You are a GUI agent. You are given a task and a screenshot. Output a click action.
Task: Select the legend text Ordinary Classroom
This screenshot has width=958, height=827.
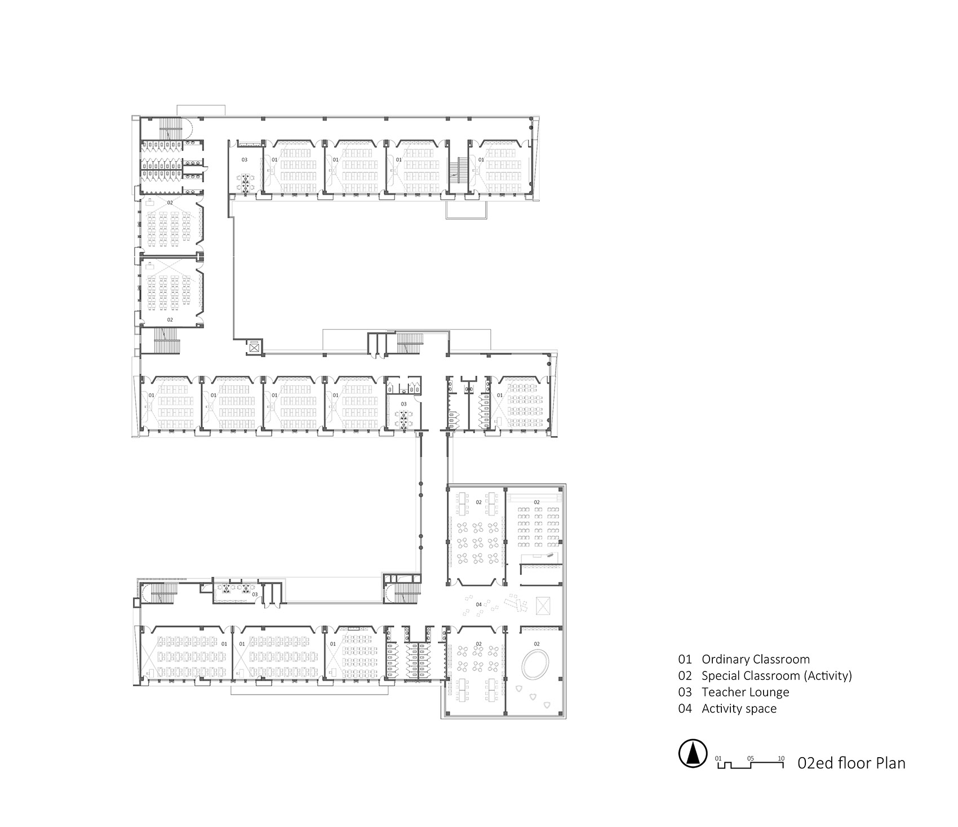[x=755, y=659]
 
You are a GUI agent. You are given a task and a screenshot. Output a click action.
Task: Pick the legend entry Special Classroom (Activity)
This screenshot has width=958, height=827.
[x=777, y=675]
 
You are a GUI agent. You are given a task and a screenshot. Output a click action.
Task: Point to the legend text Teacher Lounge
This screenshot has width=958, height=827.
[x=745, y=692]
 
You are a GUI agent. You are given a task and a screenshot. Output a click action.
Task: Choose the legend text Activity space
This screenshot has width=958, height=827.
[x=739, y=709]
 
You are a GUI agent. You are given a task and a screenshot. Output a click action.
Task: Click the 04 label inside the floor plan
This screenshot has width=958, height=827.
[x=478, y=604]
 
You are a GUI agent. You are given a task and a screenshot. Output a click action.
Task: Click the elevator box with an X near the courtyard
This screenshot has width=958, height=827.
[x=255, y=348]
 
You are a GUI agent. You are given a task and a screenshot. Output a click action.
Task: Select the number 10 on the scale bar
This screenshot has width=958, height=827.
[x=781, y=758]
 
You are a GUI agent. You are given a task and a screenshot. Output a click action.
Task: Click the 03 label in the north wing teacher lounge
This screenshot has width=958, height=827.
[x=245, y=160]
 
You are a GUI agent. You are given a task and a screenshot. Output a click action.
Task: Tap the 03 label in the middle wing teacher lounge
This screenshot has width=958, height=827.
[x=403, y=404]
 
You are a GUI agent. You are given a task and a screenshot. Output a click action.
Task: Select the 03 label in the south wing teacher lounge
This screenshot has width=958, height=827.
[x=255, y=594]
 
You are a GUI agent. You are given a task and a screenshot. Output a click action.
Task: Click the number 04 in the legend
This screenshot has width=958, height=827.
[x=685, y=709]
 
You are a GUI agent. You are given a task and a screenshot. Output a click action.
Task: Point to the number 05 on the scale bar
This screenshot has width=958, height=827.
[x=750, y=758]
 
